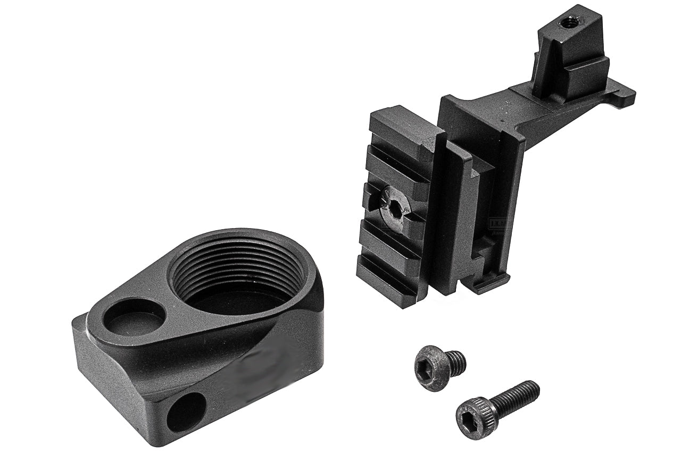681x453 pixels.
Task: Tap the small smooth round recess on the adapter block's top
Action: (x=134, y=317)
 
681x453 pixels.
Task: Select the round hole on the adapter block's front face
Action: (x=186, y=412)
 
